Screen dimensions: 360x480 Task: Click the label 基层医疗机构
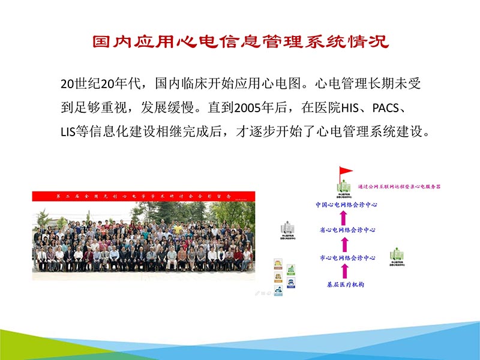345,283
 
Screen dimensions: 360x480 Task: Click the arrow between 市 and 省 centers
345,244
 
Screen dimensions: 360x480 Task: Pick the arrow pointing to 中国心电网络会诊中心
345,217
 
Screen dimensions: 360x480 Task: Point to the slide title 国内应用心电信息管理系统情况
240,43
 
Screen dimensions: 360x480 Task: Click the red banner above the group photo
143,196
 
